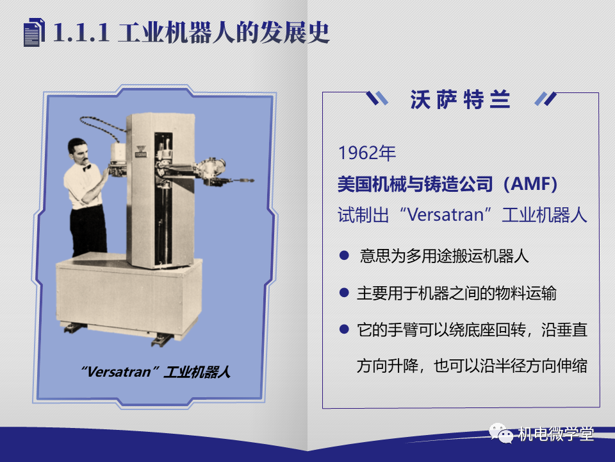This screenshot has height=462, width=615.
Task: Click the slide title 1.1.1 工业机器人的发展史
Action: pos(191,32)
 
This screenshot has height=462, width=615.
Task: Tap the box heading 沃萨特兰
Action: pos(460,99)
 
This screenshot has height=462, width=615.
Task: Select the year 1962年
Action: pos(366,153)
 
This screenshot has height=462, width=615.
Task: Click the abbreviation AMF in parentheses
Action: pos(530,184)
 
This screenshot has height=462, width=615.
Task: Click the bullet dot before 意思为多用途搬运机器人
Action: pos(344,256)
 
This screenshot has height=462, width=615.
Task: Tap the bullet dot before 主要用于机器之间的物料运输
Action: pos(344,293)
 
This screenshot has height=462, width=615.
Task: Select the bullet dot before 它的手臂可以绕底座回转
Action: pos(344,329)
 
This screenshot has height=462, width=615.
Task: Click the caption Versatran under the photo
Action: pos(119,372)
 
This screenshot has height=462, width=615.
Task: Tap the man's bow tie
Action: pos(87,167)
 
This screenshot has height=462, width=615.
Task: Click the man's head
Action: pos(78,150)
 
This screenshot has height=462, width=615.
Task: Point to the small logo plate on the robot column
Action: pos(140,151)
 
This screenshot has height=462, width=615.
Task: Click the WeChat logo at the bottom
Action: pos(501,432)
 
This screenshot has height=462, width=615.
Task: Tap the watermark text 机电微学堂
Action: pos(555,434)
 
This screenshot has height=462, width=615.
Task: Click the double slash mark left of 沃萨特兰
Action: pos(377,99)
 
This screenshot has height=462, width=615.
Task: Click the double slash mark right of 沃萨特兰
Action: pos(546,99)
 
